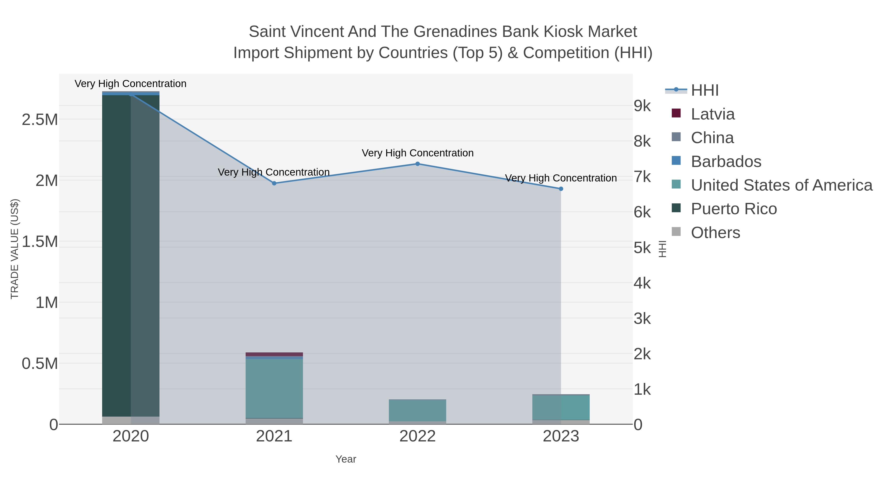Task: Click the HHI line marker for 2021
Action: (274, 183)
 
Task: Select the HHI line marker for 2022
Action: (418, 164)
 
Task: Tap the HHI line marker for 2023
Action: (561, 189)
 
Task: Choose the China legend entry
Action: (712, 138)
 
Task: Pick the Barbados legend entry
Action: (726, 162)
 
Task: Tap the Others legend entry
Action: (715, 233)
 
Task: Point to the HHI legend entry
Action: (704, 91)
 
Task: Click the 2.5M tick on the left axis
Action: (40, 120)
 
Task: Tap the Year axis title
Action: (346, 459)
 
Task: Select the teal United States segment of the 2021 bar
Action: (274, 388)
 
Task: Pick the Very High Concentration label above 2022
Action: (418, 153)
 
